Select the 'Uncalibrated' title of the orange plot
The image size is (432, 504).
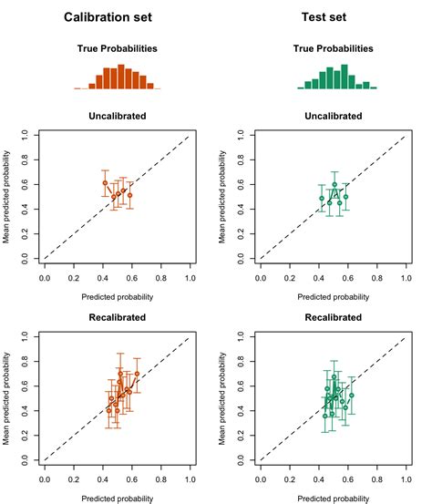click(118, 116)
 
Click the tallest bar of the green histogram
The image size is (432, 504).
click(345, 77)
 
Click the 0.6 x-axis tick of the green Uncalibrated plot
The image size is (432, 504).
click(348, 273)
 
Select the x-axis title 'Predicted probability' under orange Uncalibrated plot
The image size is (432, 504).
click(118, 296)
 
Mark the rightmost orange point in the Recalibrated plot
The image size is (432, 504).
click(137, 374)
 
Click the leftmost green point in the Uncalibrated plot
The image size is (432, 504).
click(322, 198)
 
